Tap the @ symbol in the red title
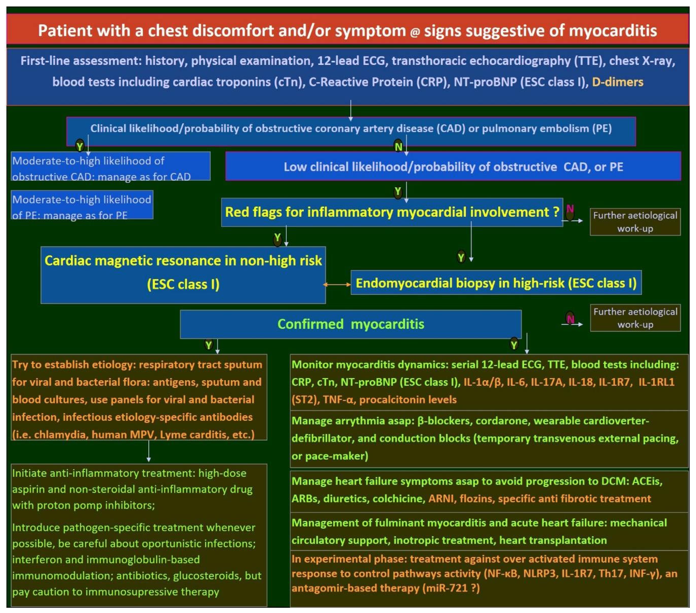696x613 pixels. [x=415, y=32]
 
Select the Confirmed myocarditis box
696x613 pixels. [x=350, y=324]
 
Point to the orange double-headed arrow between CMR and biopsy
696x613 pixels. [x=337, y=284]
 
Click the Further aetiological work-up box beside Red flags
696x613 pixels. [x=635, y=222]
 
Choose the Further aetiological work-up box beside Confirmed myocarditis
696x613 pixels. [x=635, y=318]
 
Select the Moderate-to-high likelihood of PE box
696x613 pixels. [x=82, y=205]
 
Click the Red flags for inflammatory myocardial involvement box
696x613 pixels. [x=392, y=212]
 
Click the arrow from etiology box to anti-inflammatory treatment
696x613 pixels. [x=148, y=452]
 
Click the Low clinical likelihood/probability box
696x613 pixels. [x=453, y=167]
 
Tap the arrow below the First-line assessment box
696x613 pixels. [x=350, y=111]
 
